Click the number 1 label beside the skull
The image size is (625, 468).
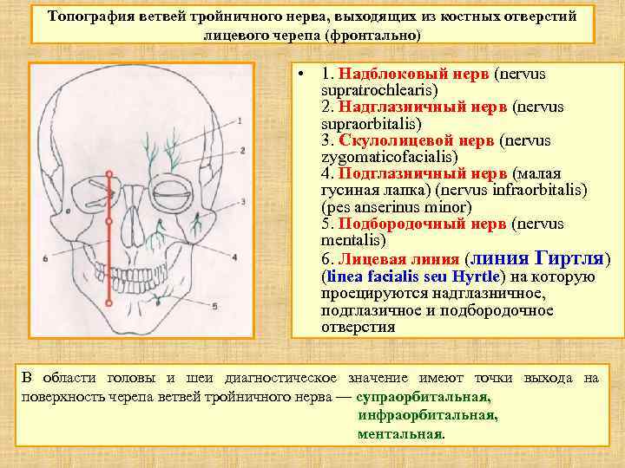click(240, 120)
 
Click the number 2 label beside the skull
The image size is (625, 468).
click(243, 151)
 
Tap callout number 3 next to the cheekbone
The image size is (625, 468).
click(244, 202)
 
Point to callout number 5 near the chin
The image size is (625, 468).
click(214, 305)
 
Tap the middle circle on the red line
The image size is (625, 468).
click(109, 221)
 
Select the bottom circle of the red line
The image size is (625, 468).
click(109, 303)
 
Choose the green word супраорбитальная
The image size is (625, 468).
click(423, 397)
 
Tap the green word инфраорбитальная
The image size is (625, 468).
click(427, 415)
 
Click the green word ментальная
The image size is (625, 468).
click(400, 433)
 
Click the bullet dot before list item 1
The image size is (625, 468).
click(299, 75)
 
